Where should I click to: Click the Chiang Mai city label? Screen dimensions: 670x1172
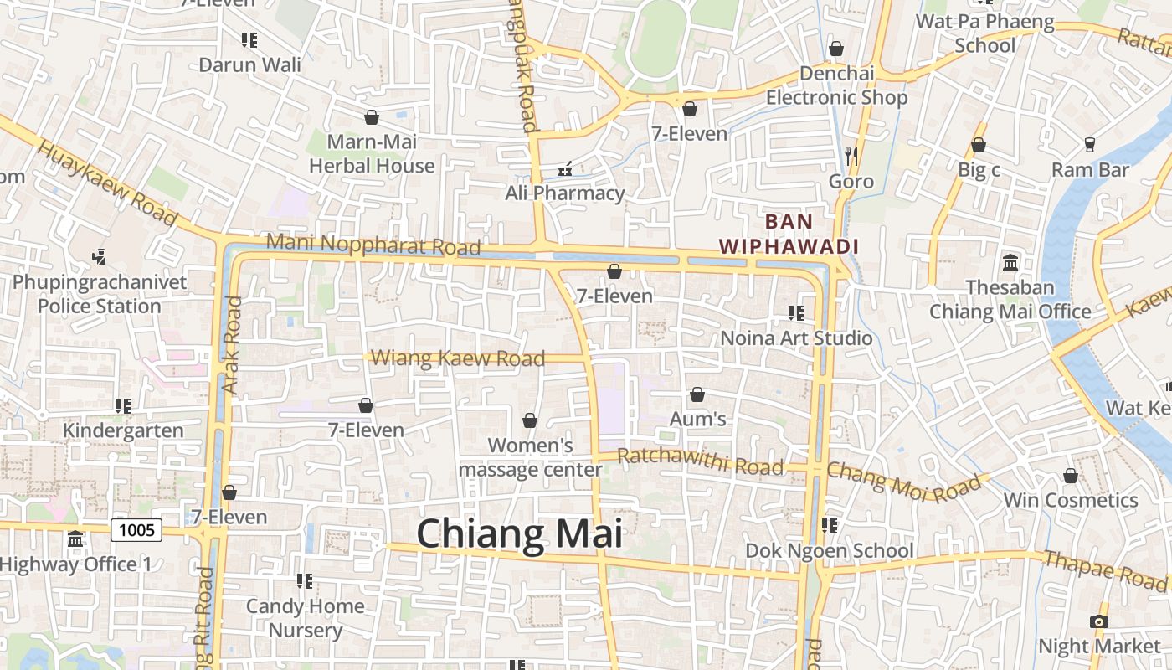tap(519, 533)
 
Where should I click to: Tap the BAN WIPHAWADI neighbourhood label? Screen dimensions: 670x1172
tap(789, 234)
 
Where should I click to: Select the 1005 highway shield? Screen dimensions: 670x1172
tap(136, 529)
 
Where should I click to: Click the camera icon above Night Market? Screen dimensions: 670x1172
tap(1099, 621)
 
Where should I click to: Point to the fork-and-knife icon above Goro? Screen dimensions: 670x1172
tap(851, 156)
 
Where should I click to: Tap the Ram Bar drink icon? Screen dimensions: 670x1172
tap(1090, 145)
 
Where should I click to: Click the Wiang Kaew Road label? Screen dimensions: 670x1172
tap(457, 358)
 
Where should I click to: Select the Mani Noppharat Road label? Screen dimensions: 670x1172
tap(373, 245)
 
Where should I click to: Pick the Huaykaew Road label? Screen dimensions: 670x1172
tap(108, 183)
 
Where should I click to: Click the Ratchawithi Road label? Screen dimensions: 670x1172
tap(700, 461)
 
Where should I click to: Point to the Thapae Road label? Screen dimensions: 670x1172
tap(1104, 569)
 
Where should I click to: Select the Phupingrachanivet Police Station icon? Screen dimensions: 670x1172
tap(100, 256)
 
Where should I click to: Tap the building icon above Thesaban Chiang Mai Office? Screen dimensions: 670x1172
tap(1010, 263)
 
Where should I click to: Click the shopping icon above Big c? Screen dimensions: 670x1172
tap(979, 146)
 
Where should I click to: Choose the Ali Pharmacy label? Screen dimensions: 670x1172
tap(565, 193)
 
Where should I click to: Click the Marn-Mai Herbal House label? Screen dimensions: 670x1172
tap(372, 154)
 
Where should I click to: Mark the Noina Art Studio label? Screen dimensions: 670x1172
tap(796, 338)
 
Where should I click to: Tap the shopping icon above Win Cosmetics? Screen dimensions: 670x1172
tap(1070, 476)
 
